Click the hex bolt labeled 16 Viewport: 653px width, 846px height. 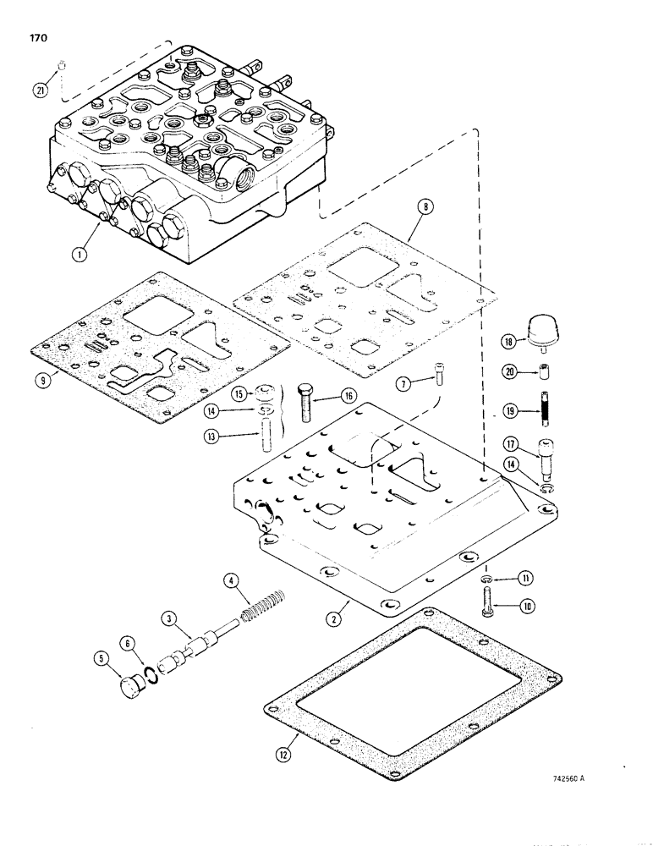tap(305, 402)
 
